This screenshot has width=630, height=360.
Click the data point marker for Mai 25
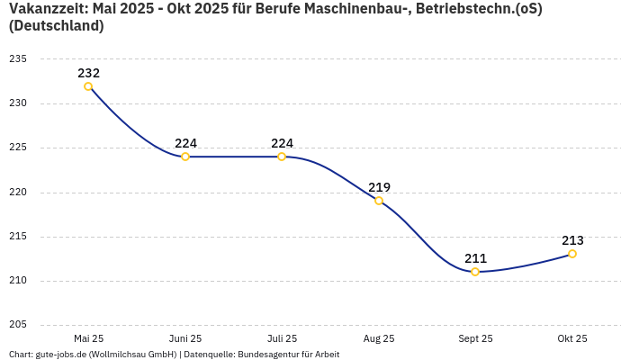click(88, 86)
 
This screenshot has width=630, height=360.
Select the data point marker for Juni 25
click(185, 157)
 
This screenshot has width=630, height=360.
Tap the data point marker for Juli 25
click(282, 157)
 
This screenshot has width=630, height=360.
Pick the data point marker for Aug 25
click(379, 201)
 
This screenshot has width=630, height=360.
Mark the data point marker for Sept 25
click(475, 272)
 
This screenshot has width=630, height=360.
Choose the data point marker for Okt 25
click(572, 254)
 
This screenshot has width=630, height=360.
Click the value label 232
click(88, 73)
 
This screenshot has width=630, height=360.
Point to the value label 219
click(379, 187)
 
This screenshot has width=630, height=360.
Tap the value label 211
click(475, 258)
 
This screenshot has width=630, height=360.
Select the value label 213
click(572, 240)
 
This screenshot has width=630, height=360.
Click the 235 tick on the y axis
click(18, 59)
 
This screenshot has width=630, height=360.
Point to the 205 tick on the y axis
click(18, 325)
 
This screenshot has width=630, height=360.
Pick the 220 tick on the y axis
click(18, 192)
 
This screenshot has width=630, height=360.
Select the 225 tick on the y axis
click(18, 148)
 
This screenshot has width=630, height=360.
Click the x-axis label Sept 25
click(475, 338)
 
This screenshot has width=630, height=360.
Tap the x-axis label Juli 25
click(282, 338)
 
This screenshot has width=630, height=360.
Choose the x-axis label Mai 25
click(88, 338)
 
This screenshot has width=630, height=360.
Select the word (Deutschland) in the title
click(56, 26)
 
